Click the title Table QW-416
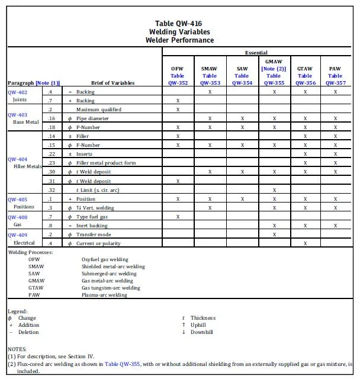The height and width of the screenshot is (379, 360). (x=179, y=24)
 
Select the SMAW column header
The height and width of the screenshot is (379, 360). (x=209, y=69)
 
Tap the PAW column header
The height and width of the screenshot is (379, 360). (x=335, y=69)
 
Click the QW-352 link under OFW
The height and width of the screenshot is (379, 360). (x=178, y=83)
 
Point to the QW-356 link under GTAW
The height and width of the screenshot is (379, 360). (x=305, y=83)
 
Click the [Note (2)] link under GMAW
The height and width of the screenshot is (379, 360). (x=274, y=69)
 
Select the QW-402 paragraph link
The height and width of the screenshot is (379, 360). (x=18, y=92)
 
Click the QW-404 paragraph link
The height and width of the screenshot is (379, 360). (x=18, y=159)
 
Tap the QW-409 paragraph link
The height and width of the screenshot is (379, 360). (x=18, y=235)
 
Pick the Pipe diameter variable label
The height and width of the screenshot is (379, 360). (x=92, y=118)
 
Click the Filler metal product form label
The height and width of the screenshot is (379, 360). (x=105, y=163)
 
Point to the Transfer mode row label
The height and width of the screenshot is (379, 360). (x=94, y=235)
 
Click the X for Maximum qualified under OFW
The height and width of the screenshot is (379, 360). (x=178, y=110)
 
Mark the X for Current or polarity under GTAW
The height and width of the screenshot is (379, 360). (x=305, y=243)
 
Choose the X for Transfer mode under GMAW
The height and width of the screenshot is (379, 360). (x=274, y=235)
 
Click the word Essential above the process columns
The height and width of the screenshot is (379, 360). (x=256, y=53)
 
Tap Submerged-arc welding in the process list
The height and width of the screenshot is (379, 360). (x=109, y=274)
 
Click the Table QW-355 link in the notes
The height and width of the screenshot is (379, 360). (x=121, y=364)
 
